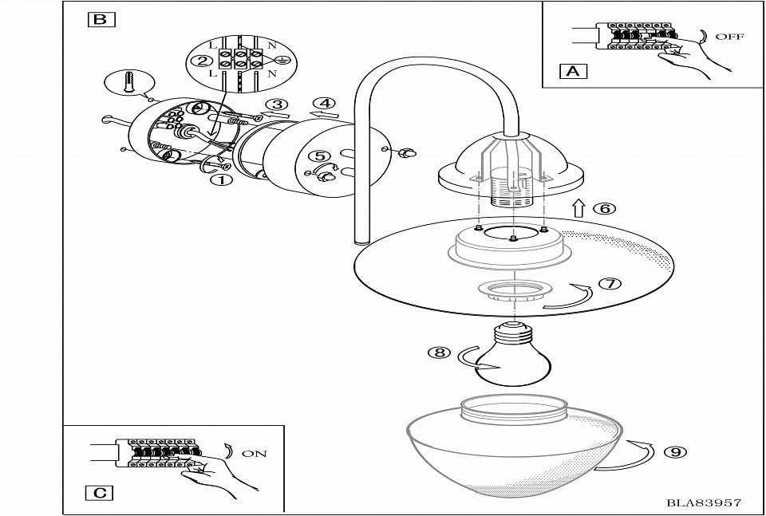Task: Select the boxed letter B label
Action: tap(100, 19)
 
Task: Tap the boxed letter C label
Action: tap(100, 492)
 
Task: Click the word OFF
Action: tap(730, 37)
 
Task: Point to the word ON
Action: tap(254, 454)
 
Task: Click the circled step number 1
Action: tap(221, 179)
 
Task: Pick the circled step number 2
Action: tap(205, 61)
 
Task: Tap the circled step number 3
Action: tap(277, 104)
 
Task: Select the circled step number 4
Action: tap(324, 103)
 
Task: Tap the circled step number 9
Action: tap(675, 452)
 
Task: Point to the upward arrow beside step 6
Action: tap(578, 209)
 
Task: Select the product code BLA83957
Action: tap(705, 502)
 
